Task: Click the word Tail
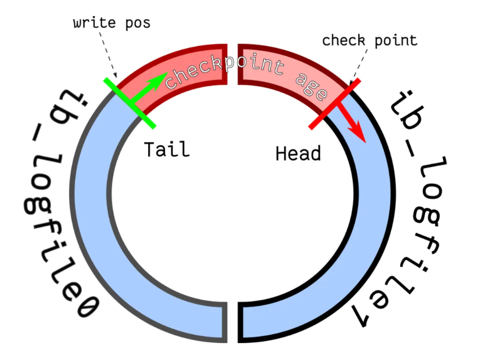pos(166,150)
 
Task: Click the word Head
pos(298,154)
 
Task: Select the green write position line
pos(129,103)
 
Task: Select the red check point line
pos(335,104)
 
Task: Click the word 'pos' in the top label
pos(139,23)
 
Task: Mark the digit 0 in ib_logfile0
pos(87,311)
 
